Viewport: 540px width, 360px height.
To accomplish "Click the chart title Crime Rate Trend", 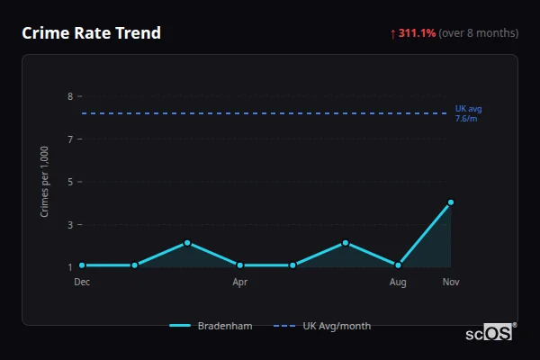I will tap(91, 33).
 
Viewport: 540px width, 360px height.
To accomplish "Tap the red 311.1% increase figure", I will tap(416, 33).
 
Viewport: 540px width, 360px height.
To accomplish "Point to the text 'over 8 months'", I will tap(479, 33).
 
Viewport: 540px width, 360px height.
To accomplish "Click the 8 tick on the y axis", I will tap(69, 96).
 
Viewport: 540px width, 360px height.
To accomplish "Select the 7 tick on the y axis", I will tap(69, 139).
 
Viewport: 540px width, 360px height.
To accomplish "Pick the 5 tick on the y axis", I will tap(69, 182).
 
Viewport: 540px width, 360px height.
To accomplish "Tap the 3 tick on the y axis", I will tap(69, 225).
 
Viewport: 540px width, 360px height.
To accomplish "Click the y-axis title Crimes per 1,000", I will tap(45, 181).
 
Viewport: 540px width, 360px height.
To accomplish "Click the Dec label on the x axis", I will tap(82, 282).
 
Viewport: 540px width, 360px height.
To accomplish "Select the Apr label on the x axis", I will tap(240, 282).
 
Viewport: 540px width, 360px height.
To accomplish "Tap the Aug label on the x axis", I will tap(398, 282).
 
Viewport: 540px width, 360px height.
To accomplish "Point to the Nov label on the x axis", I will tap(451, 282).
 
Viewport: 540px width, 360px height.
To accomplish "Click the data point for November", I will tap(451, 202).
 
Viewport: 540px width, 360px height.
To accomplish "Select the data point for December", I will tap(82, 265).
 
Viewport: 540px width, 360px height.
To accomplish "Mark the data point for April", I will tap(240, 265).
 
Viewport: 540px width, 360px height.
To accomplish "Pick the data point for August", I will tap(398, 265).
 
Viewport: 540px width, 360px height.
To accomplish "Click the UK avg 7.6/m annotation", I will tap(469, 113).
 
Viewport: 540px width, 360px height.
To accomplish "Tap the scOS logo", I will tap(489, 333).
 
